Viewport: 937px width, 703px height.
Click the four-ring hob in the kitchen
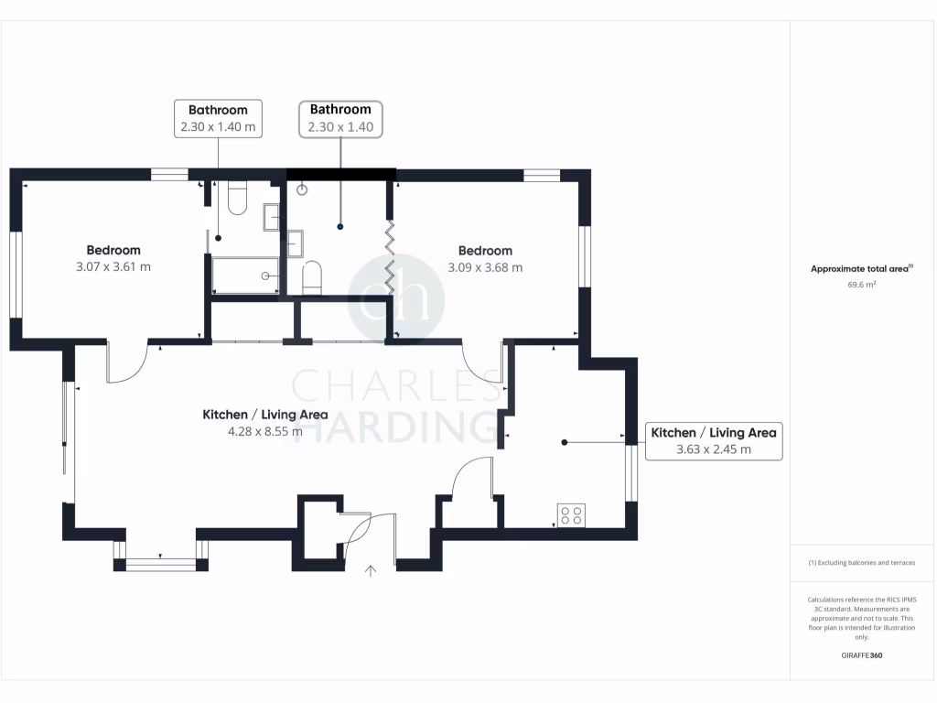(572, 515)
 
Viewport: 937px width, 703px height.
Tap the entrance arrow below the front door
(371, 572)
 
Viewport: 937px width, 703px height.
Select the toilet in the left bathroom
(238, 199)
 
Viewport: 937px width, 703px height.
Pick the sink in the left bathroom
(272, 217)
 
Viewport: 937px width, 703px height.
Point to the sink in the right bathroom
(295, 243)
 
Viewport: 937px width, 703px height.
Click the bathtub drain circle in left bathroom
(266, 276)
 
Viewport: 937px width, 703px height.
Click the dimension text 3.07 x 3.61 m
(113, 267)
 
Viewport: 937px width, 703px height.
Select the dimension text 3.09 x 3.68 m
(485, 268)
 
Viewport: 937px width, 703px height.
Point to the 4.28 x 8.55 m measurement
(264, 431)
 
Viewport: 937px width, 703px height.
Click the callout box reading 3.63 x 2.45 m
(714, 440)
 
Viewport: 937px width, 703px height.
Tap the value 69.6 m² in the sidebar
(861, 285)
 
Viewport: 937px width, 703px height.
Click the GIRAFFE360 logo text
(861, 655)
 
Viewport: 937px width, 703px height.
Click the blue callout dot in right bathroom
(340, 226)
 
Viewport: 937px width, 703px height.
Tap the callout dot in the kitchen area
(565, 442)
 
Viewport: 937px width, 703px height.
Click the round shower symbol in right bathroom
(302, 189)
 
